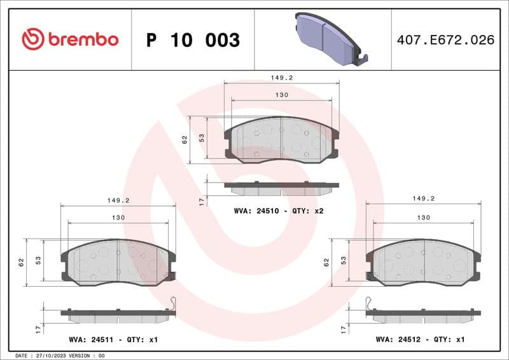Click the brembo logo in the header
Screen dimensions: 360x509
(x=70, y=39)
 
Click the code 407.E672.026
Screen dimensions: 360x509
(x=445, y=40)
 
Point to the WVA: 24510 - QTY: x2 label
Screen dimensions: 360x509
(x=279, y=211)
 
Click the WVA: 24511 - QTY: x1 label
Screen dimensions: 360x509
(x=113, y=340)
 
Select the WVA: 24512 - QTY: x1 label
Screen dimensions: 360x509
(x=421, y=340)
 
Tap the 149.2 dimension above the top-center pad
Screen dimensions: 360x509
(x=281, y=78)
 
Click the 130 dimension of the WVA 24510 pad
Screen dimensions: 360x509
(x=282, y=95)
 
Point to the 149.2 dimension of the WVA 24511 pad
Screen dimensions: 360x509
(x=118, y=200)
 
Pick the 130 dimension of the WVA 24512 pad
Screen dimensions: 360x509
(x=423, y=218)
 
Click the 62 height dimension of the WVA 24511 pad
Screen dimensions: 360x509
(x=21, y=261)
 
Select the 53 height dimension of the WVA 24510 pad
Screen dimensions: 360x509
(x=202, y=138)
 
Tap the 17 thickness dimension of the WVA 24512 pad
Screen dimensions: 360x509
(x=343, y=328)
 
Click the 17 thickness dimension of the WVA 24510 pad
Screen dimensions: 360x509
(x=202, y=201)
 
